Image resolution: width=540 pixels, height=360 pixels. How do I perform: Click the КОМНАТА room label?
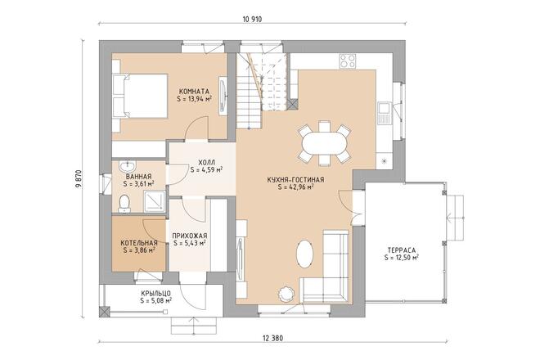[x=194, y=92]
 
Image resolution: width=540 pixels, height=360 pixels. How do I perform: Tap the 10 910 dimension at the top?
[x=252, y=20]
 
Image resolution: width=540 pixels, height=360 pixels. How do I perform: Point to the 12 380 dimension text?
[x=272, y=338]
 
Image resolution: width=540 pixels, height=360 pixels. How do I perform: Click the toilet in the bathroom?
[x=124, y=203]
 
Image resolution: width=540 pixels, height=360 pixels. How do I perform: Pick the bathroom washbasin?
[x=128, y=166]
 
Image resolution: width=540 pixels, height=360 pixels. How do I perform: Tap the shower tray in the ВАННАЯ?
[x=155, y=200]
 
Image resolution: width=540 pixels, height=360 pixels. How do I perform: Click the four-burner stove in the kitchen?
[x=347, y=61]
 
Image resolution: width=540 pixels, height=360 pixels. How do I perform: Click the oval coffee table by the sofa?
[x=305, y=254]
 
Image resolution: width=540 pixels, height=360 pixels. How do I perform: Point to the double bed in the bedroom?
[x=140, y=96]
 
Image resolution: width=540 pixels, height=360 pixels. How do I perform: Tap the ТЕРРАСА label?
[x=402, y=250]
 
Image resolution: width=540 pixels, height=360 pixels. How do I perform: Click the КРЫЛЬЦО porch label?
[x=156, y=294]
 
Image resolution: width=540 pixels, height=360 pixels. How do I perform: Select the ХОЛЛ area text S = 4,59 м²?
[x=206, y=169]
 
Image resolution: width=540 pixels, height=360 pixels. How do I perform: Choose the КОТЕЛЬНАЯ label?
[x=139, y=243]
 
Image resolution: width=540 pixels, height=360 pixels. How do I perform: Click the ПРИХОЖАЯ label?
[x=190, y=236]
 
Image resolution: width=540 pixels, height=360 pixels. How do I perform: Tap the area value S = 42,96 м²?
[x=295, y=187]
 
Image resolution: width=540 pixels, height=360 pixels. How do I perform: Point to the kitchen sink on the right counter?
[x=384, y=114]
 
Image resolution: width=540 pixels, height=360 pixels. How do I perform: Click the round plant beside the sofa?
[x=286, y=294]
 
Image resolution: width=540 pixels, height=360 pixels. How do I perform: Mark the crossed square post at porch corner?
[x=104, y=312]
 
